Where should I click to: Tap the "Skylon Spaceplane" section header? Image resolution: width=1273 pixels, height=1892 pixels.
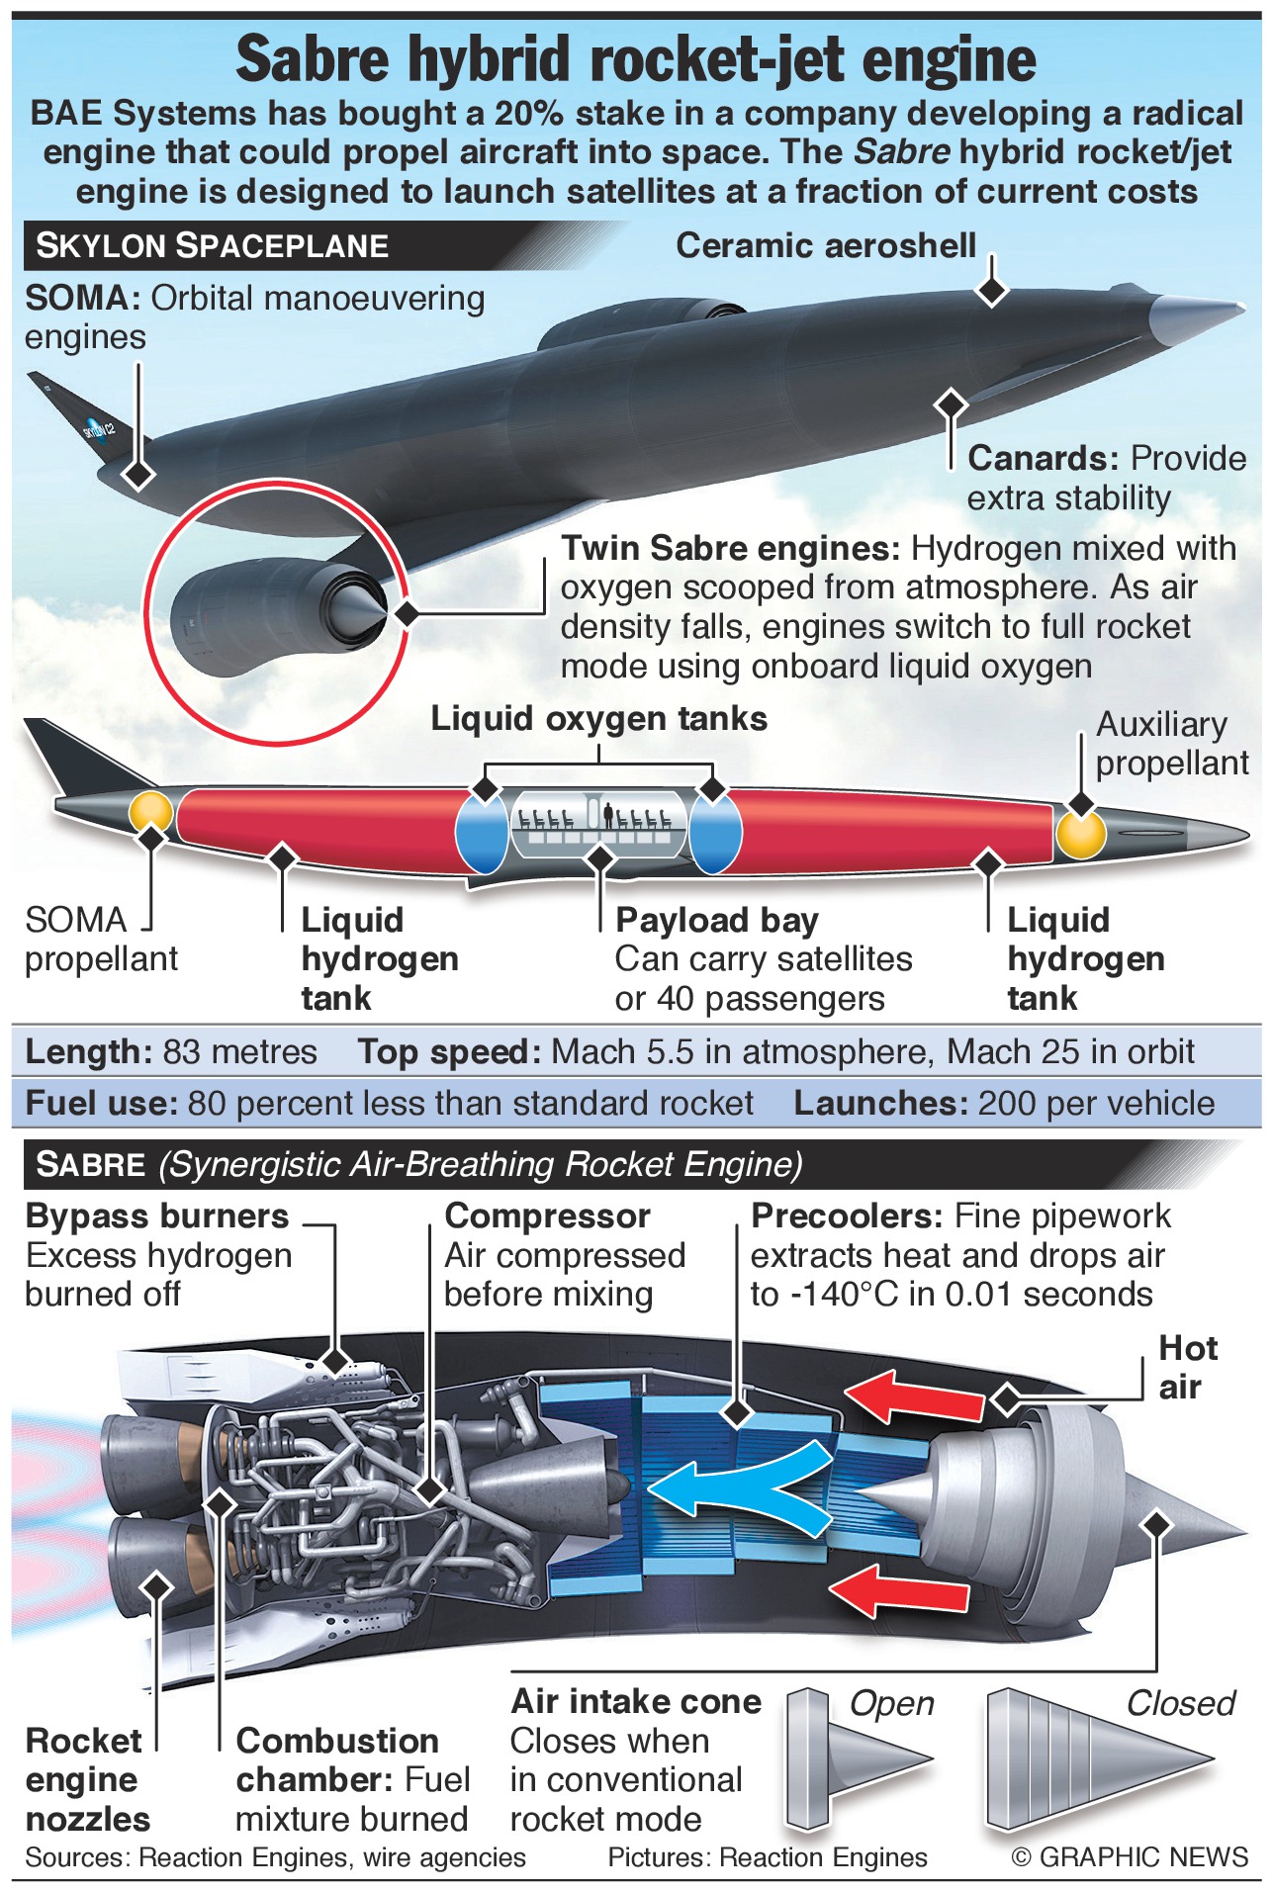pyautogui.click(x=212, y=245)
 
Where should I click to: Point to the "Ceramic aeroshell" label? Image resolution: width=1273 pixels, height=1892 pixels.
pyautogui.click(x=825, y=245)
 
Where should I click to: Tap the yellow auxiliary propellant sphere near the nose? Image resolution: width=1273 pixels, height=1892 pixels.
pyautogui.click(x=1080, y=834)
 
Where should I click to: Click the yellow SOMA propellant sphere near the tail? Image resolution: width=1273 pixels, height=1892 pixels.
pyautogui.click(x=150, y=812)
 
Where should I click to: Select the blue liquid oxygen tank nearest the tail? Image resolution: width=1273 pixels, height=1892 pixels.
pyautogui.click(x=481, y=831)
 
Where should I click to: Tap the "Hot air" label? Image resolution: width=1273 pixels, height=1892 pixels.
pyautogui.click(x=1187, y=1368)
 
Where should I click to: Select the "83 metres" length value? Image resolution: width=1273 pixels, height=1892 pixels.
pyautogui.click(x=239, y=1051)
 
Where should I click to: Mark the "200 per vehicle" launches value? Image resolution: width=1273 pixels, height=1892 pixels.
pyautogui.click(x=1095, y=1103)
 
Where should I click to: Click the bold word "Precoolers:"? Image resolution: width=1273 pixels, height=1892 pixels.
pyautogui.click(x=847, y=1216)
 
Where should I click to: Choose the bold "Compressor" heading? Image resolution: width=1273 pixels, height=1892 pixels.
pyautogui.click(x=547, y=1216)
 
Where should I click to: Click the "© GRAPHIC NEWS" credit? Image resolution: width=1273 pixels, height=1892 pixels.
pyautogui.click(x=1130, y=1857)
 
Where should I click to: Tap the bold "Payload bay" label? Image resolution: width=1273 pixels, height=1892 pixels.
pyautogui.click(x=716, y=920)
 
